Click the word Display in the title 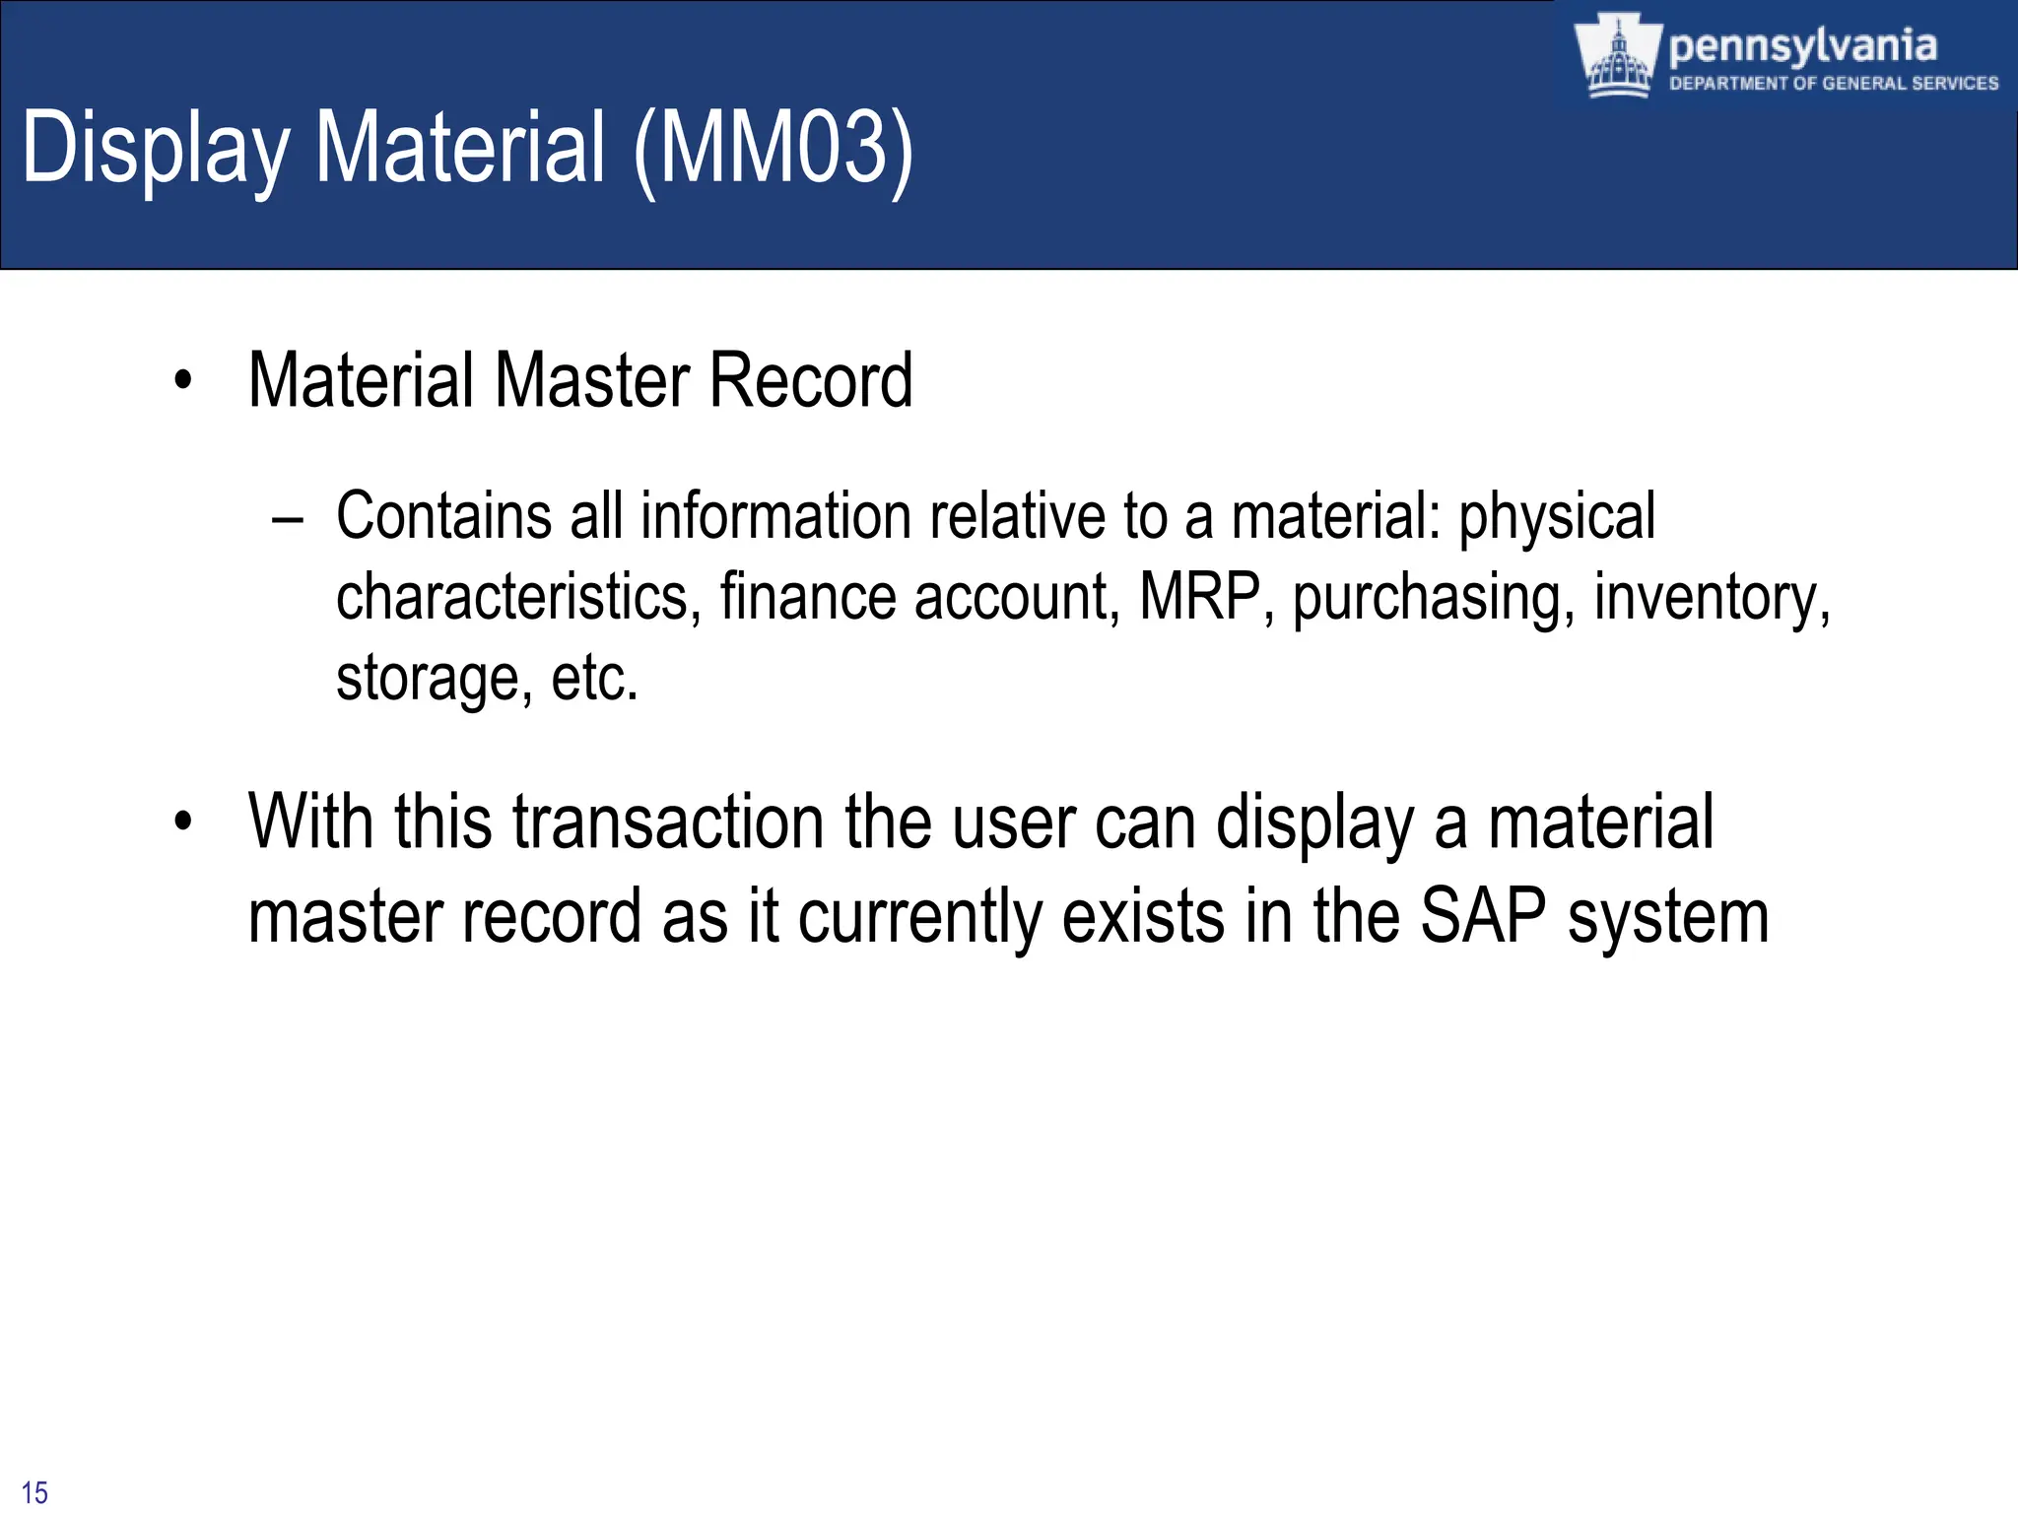point(156,148)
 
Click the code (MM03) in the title point(774,148)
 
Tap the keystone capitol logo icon point(1616,57)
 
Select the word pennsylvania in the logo point(1802,45)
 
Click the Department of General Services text point(1833,84)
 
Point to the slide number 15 point(34,1492)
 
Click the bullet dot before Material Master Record point(182,381)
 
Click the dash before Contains point(287,518)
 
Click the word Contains point(443,516)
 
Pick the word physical point(1556,518)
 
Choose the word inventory point(1711,599)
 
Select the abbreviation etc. point(594,678)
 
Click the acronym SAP point(1482,916)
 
